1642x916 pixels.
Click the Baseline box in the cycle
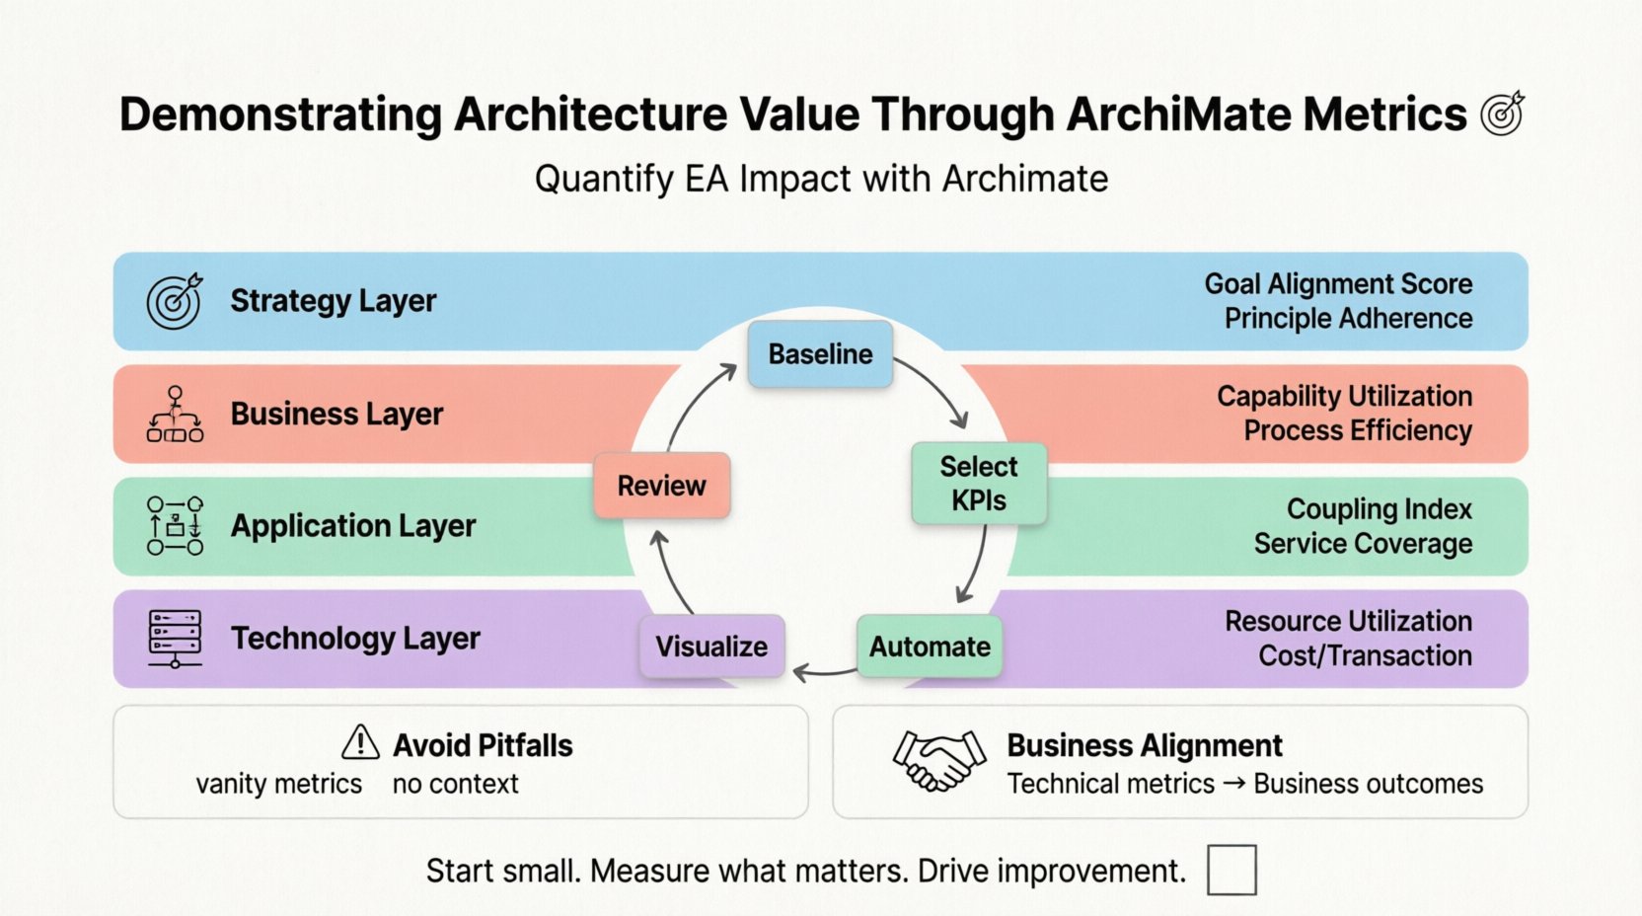click(x=820, y=353)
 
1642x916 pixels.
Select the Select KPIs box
click(x=978, y=483)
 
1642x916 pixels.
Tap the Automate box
click(x=930, y=647)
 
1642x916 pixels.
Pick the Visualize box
click(x=711, y=647)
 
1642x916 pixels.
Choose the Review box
click(x=661, y=486)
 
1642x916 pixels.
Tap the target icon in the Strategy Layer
click(x=175, y=301)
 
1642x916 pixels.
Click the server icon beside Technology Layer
click(x=175, y=638)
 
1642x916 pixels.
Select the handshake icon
click(x=938, y=760)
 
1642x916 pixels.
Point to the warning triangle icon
click(x=360, y=742)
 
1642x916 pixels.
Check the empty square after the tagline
click(x=1231, y=870)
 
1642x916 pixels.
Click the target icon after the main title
click(x=1502, y=114)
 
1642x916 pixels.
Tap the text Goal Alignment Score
click(x=1338, y=284)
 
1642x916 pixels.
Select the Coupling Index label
click(x=1379, y=509)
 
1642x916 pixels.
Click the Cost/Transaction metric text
click(x=1365, y=655)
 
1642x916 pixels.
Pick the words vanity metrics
click(x=279, y=784)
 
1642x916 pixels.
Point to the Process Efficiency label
click(x=1358, y=430)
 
